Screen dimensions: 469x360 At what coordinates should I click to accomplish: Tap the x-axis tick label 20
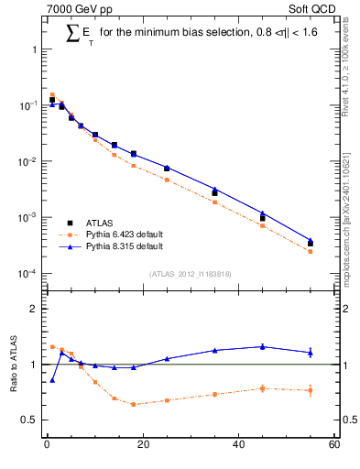pos(142,446)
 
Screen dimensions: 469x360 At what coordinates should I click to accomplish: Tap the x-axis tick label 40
pos(238,446)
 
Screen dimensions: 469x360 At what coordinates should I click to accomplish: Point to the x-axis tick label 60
pos(333,446)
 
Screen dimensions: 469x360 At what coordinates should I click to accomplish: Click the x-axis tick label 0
pos(47,446)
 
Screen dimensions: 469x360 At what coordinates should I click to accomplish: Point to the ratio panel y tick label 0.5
pos(29,420)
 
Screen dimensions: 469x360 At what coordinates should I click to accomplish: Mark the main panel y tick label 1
pos(33,49)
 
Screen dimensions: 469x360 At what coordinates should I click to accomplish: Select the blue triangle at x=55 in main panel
pos(311,240)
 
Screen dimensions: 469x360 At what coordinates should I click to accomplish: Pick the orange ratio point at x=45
pos(263,388)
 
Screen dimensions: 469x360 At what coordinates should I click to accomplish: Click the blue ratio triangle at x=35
pos(214,350)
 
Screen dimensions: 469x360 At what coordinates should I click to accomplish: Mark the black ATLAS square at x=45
pos(263,218)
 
